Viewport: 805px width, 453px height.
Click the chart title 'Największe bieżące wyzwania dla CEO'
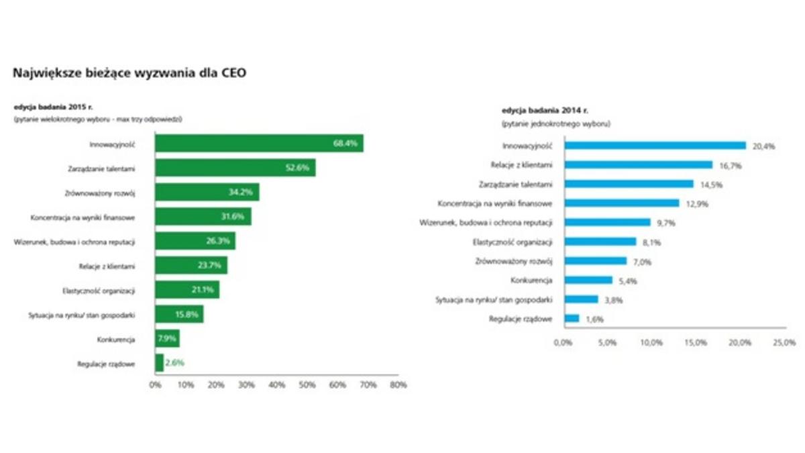tap(129, 73)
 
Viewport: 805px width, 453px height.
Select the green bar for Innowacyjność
tap(259, 143)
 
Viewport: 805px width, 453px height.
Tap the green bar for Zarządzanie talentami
tap(235, 168)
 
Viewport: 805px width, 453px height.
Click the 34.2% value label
tap(239, 193)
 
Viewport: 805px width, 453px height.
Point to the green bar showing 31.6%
tap(203, 217)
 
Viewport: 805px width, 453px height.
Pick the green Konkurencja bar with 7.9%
tap(167, 339)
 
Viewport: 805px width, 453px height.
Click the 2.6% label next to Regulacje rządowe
tap(174, 363)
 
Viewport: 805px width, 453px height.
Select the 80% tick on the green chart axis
tap(398, 385)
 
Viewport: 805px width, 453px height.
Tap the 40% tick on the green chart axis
tap(276, 385)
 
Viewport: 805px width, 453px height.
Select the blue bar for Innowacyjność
tap(655, 145)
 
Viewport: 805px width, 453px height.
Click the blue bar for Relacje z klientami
tap(638, 164)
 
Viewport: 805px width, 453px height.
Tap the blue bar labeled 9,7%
tap(607, 222)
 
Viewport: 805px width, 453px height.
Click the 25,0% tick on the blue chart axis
tap(785, 343)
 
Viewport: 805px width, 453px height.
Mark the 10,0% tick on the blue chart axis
tap(651, 343)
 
